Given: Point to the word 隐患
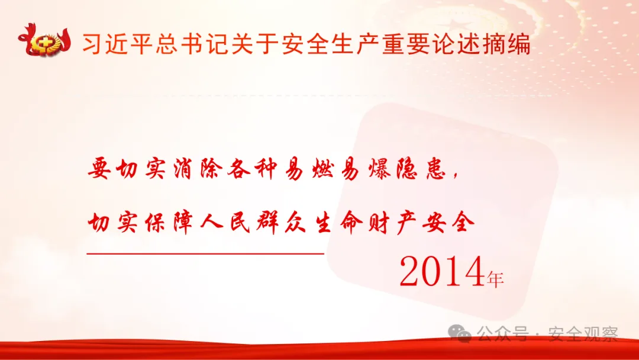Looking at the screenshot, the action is [x=421, y=169].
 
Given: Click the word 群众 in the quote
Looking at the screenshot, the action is [x=281, y=223].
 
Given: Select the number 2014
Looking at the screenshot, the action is [x=442, y=272].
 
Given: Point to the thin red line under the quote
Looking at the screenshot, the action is [x=205, y=253].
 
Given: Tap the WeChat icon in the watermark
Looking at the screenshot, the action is [x=460, y=334].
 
